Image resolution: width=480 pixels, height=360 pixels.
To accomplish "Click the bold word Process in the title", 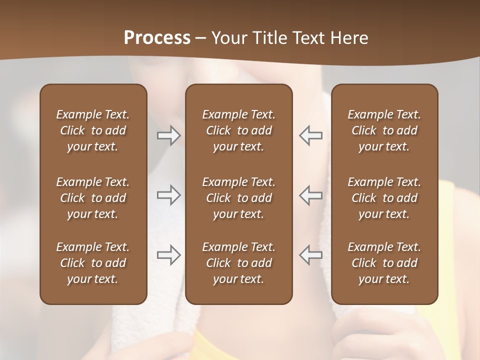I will (x=157, y=38).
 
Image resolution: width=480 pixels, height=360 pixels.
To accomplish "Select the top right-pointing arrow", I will (x=168, y=136).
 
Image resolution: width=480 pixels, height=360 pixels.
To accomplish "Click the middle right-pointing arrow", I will (x=168, y=195).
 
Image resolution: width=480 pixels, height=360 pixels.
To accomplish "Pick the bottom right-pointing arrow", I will (x=168, y=254).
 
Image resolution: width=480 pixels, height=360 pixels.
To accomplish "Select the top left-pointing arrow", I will (x=310, y=136).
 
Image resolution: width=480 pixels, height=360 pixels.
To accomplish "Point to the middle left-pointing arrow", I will (x=310, y=195).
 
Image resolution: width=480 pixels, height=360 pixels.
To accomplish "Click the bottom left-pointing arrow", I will (x=310, y=254).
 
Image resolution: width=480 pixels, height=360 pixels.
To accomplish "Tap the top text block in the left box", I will (x=93, y=130).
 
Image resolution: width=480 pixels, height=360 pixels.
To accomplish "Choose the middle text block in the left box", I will (x=93, y=198).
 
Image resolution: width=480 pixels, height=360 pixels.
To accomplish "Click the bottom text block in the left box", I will (x=93, y=263).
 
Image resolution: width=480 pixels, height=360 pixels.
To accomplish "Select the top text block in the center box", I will (x=238, y=130).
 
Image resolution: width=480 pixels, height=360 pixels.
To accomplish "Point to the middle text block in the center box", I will (x=238, y=198).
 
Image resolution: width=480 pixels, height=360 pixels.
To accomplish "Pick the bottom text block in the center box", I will (x=238, y=263).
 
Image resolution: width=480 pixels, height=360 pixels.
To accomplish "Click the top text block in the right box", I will (x=384, y=130).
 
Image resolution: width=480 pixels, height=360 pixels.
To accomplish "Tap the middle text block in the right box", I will (x=384, y=198).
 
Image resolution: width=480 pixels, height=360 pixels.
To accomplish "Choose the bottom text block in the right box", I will (x=384, y=263).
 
